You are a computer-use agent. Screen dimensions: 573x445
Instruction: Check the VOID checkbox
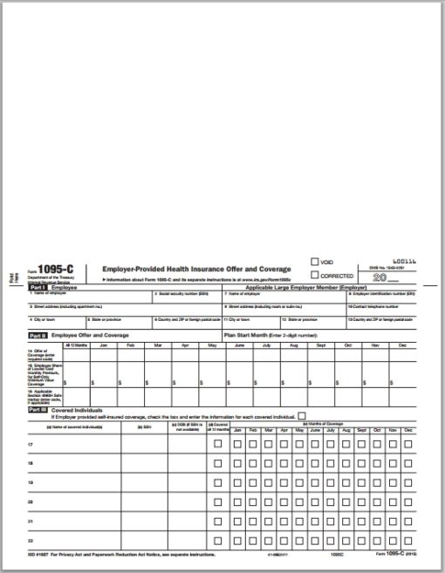pos(315,261)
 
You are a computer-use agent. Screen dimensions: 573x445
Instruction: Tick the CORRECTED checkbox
pos(315,274)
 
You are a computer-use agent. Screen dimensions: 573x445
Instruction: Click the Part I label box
pos(38,287)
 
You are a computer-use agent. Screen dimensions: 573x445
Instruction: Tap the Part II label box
pos(38,334)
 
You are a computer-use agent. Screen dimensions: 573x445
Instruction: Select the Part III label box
pos(38,409)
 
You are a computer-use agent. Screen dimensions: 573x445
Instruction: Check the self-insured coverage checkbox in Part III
pos(302,416)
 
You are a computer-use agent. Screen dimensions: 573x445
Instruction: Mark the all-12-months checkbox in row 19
pos(217,483)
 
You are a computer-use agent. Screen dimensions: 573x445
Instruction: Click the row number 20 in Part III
pos(31,502)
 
